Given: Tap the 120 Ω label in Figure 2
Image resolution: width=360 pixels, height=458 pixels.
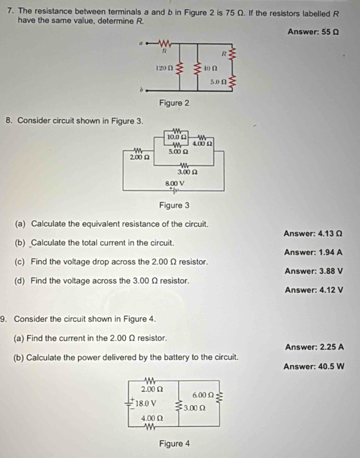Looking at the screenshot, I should [164, 68].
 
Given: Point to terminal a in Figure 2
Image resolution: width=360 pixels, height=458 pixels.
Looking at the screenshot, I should [141, 43].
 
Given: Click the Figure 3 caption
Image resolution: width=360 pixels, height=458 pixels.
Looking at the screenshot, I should [174, 205].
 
